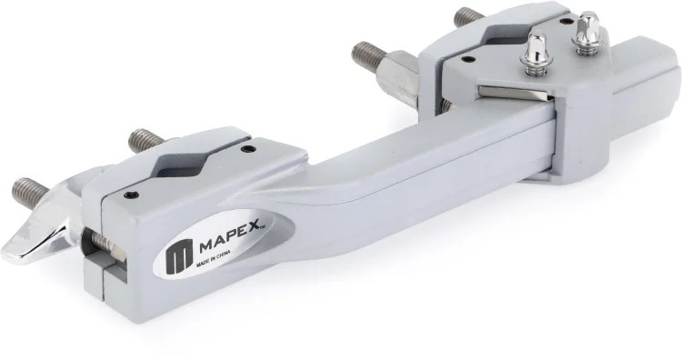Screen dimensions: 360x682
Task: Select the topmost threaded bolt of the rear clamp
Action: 467,17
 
